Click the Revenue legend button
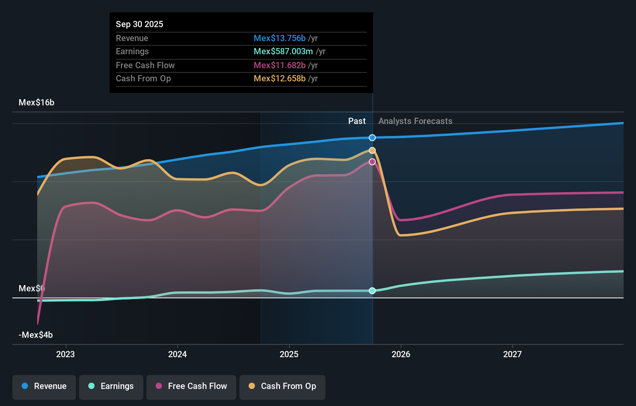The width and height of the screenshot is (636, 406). point(44,386)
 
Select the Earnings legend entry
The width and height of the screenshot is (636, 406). point(111,386)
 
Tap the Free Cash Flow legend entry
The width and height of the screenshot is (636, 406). point(191,386)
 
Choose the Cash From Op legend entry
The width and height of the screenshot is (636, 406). point(282,386)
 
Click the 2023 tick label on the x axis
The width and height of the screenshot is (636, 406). point(65,354)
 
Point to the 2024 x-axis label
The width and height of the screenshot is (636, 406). point(177,354)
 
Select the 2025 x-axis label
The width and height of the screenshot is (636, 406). point(289,354)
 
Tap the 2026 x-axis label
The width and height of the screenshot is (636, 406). point(401,354)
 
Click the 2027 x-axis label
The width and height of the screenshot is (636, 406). point(512,354)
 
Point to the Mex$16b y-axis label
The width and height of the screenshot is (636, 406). point(36,103)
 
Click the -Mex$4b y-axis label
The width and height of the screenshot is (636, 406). point(36,335)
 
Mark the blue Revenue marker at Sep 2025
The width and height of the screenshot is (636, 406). point(372,138)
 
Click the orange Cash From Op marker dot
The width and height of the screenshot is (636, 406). point(372,150)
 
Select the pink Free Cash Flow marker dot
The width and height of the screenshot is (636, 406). point(372,162)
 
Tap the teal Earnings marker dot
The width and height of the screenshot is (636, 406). point(372,291)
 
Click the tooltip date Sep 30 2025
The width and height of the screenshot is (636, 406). point(139,24)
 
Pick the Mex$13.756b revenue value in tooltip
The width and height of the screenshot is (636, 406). point(280,38)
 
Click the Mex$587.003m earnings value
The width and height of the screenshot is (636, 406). point(283,52)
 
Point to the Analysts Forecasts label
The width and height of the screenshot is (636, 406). point(415,121)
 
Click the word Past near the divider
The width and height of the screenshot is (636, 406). point(357,121)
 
